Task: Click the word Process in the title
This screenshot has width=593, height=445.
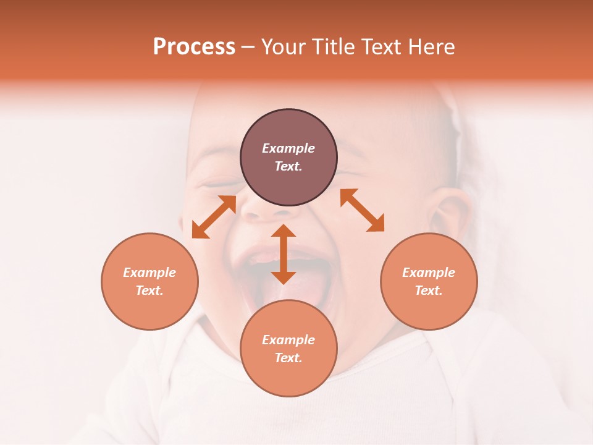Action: click(194, 48)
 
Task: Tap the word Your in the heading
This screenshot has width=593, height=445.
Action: click(285, 48)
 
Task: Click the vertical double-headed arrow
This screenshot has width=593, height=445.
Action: click(284, 254)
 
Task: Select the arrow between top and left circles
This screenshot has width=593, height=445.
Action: click(214, 217)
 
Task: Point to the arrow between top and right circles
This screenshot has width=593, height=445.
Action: click(362, 210)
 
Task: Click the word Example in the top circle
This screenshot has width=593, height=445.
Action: click(288, 148)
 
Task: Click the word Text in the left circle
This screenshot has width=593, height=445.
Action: click(149, 290)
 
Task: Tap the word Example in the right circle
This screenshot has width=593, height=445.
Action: click(429, 273)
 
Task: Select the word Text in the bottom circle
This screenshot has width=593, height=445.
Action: click(288, 358)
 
